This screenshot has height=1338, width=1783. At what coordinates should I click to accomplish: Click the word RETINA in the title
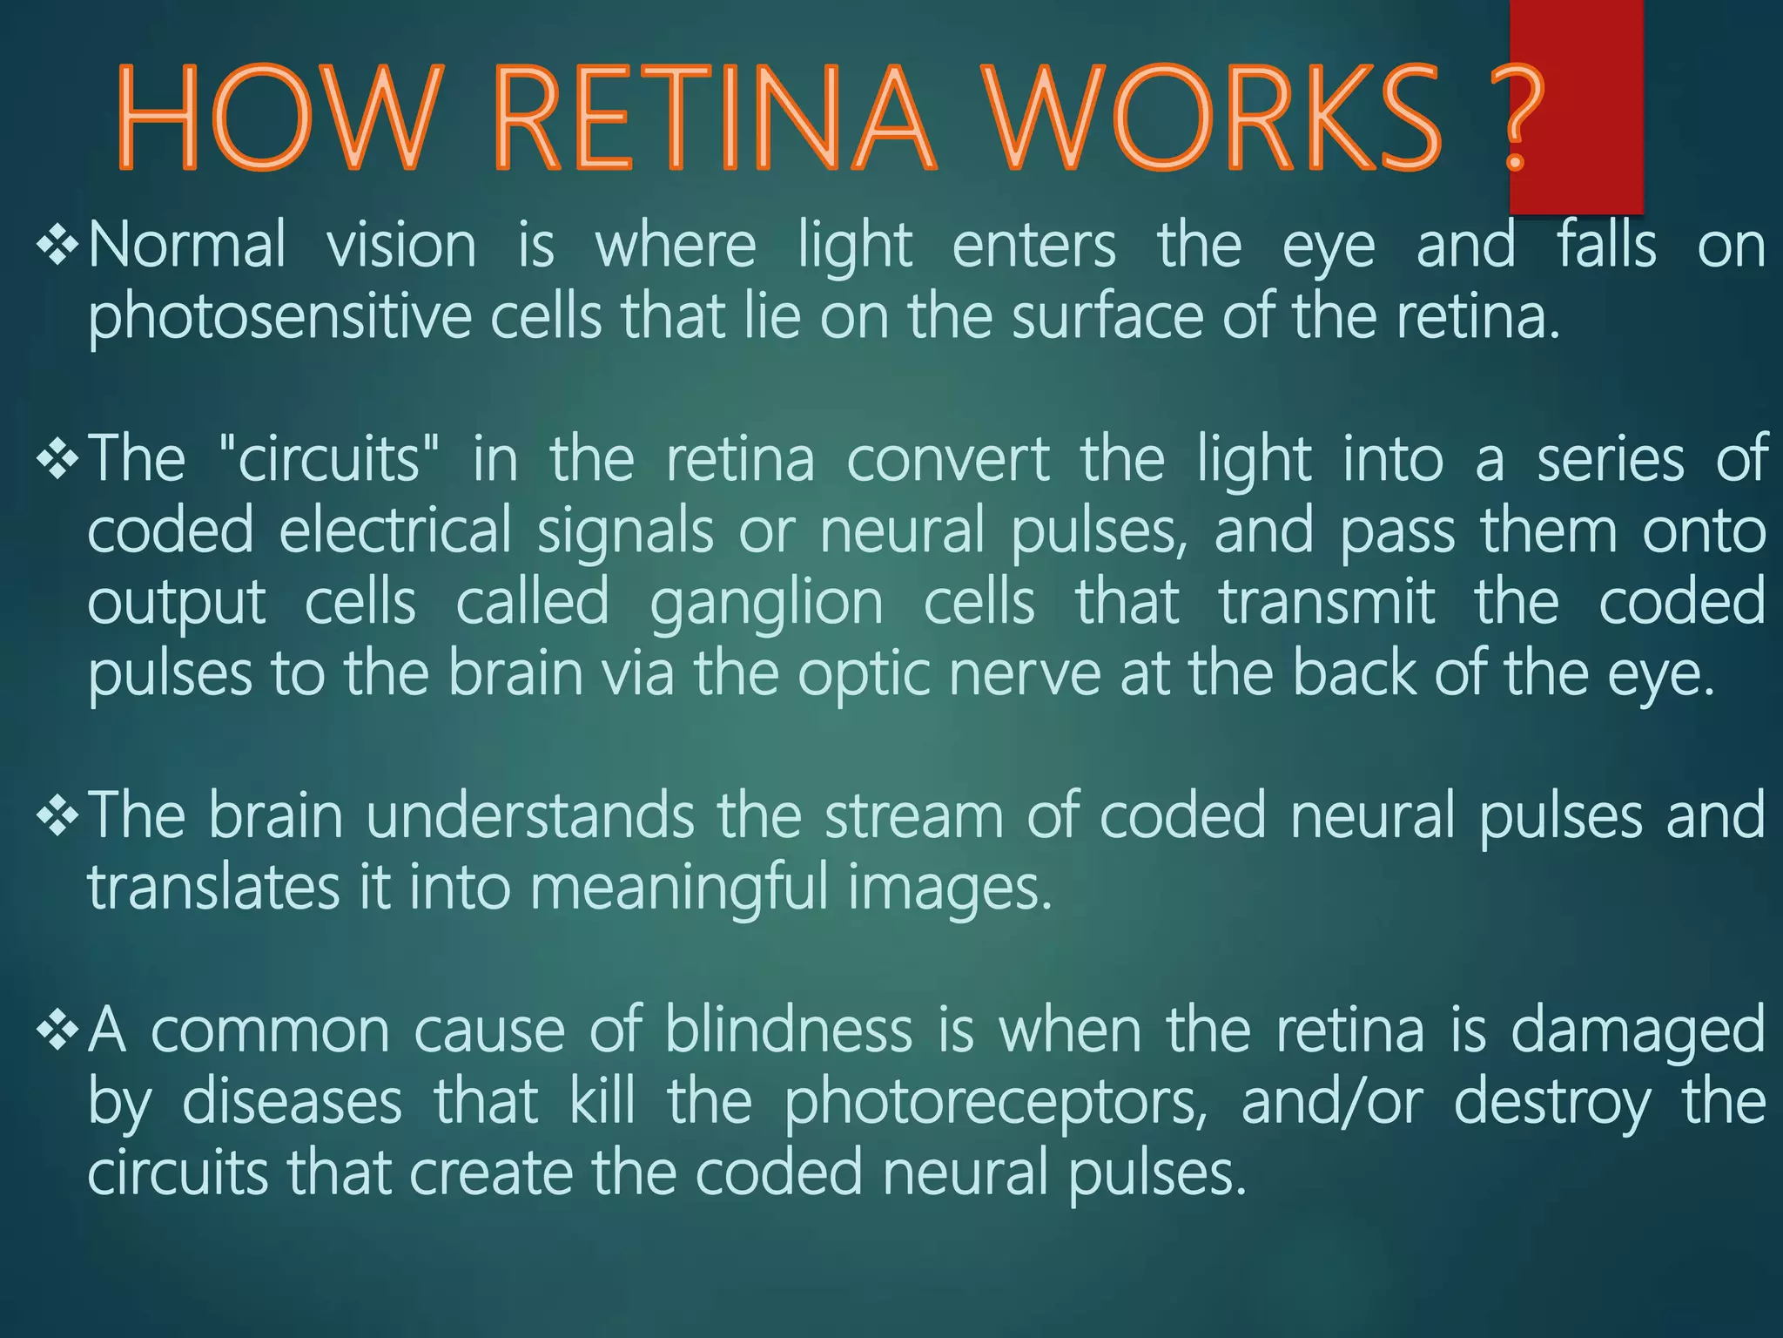(x=714, y=119)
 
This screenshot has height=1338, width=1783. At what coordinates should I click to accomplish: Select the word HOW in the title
(x=277, y=119)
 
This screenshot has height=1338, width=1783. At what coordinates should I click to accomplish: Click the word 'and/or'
(x=1332, y=1103)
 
